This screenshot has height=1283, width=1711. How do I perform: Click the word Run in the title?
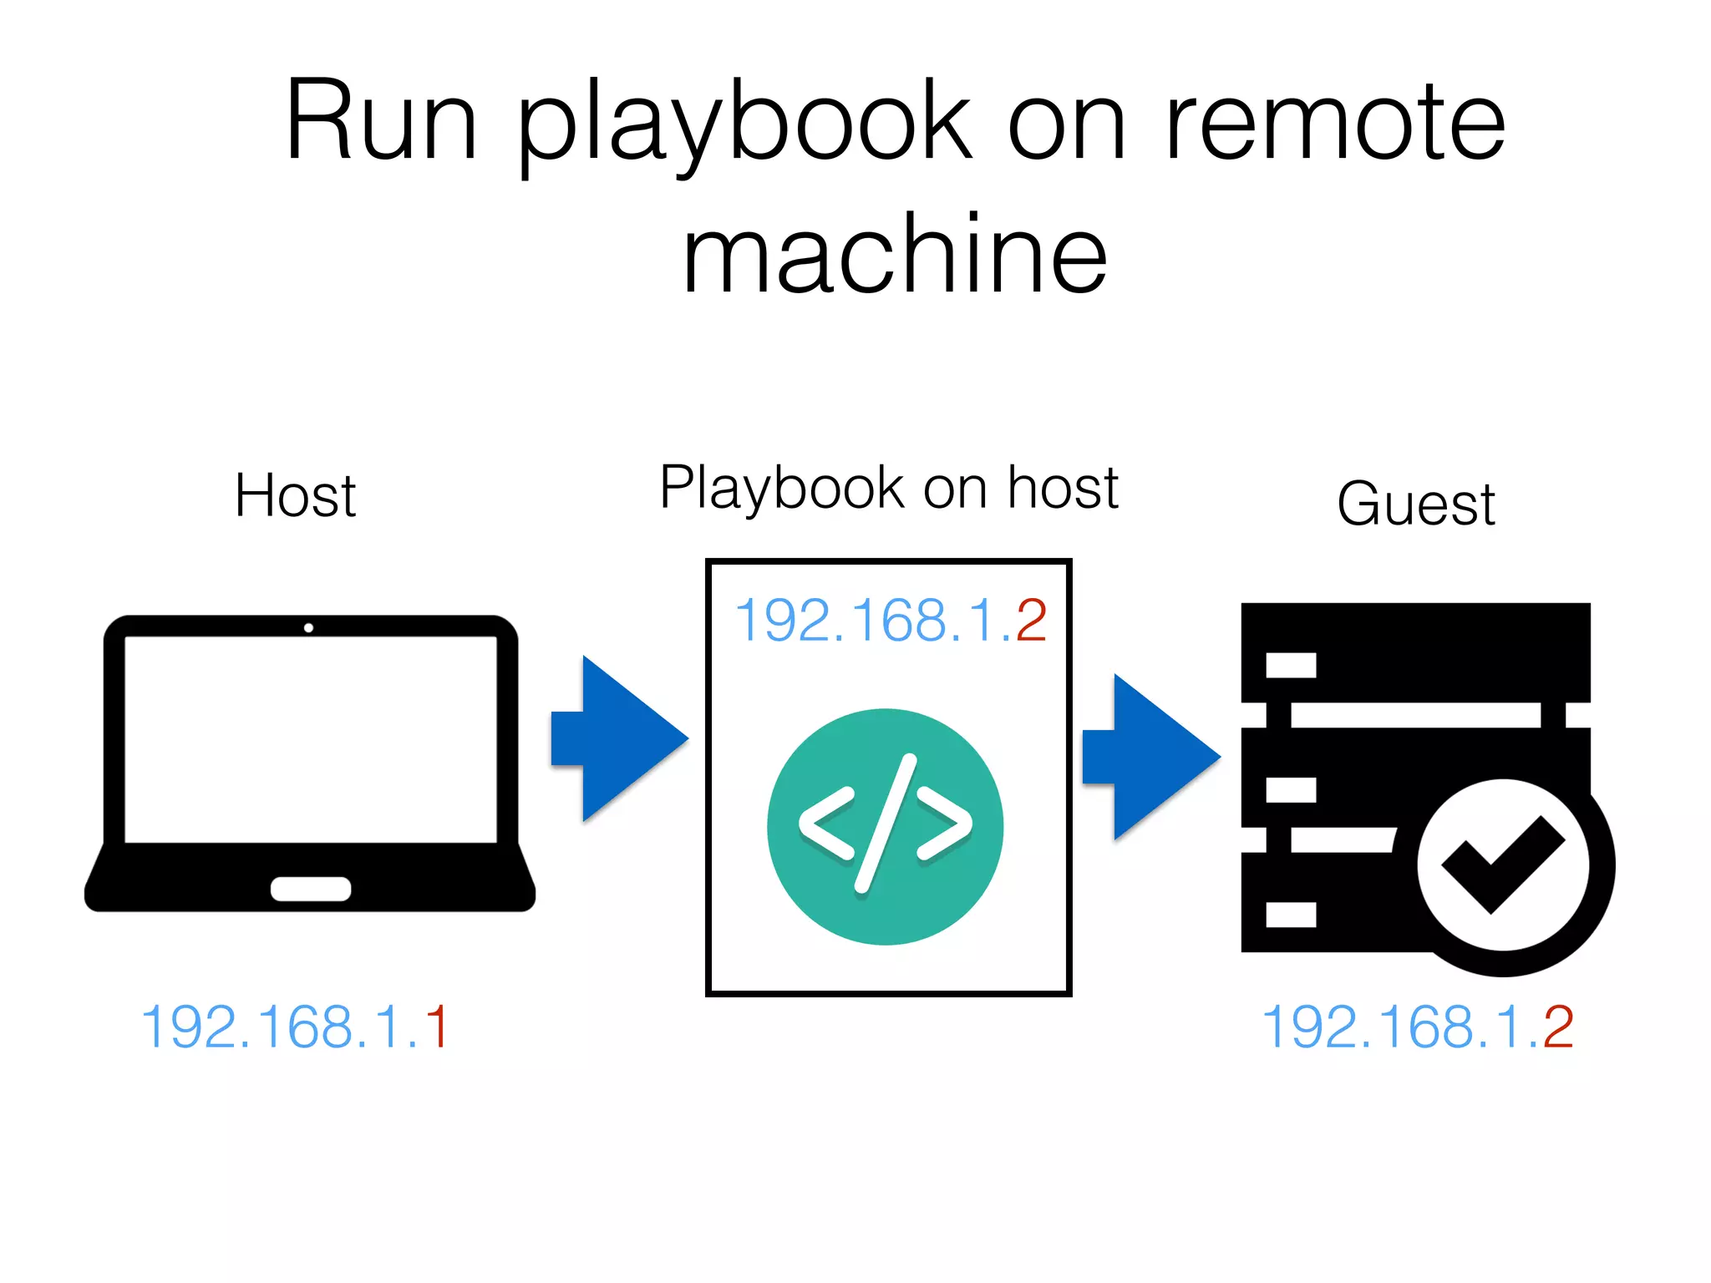[x=381, y=121]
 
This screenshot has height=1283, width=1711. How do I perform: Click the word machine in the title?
[x=894, y=254]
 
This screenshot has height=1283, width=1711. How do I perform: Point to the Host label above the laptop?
[x=295, y=496]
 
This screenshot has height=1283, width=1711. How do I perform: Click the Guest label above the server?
[x=1415, y=504]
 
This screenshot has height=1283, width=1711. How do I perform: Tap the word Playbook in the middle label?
[x=781, y=488]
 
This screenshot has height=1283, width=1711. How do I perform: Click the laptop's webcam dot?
[x=308, y=627]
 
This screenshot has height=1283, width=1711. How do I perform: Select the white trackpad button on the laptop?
[x=310, y=889]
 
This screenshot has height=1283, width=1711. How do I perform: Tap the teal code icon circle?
[x=885, y=826]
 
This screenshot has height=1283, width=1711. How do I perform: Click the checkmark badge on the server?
[x=1504, y=865]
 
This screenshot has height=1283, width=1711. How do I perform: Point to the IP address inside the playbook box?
[x=890, y=621]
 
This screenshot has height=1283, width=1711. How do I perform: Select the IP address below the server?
[x=1417, y=1027]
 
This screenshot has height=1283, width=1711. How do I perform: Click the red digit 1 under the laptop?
[x=437, y=1027]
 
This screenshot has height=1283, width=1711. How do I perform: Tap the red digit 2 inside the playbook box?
[x=1031, y=621]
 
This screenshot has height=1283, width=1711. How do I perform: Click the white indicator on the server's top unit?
[x=1291, y=665]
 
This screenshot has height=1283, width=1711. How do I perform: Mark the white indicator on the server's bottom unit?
[x=1291, y=915]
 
